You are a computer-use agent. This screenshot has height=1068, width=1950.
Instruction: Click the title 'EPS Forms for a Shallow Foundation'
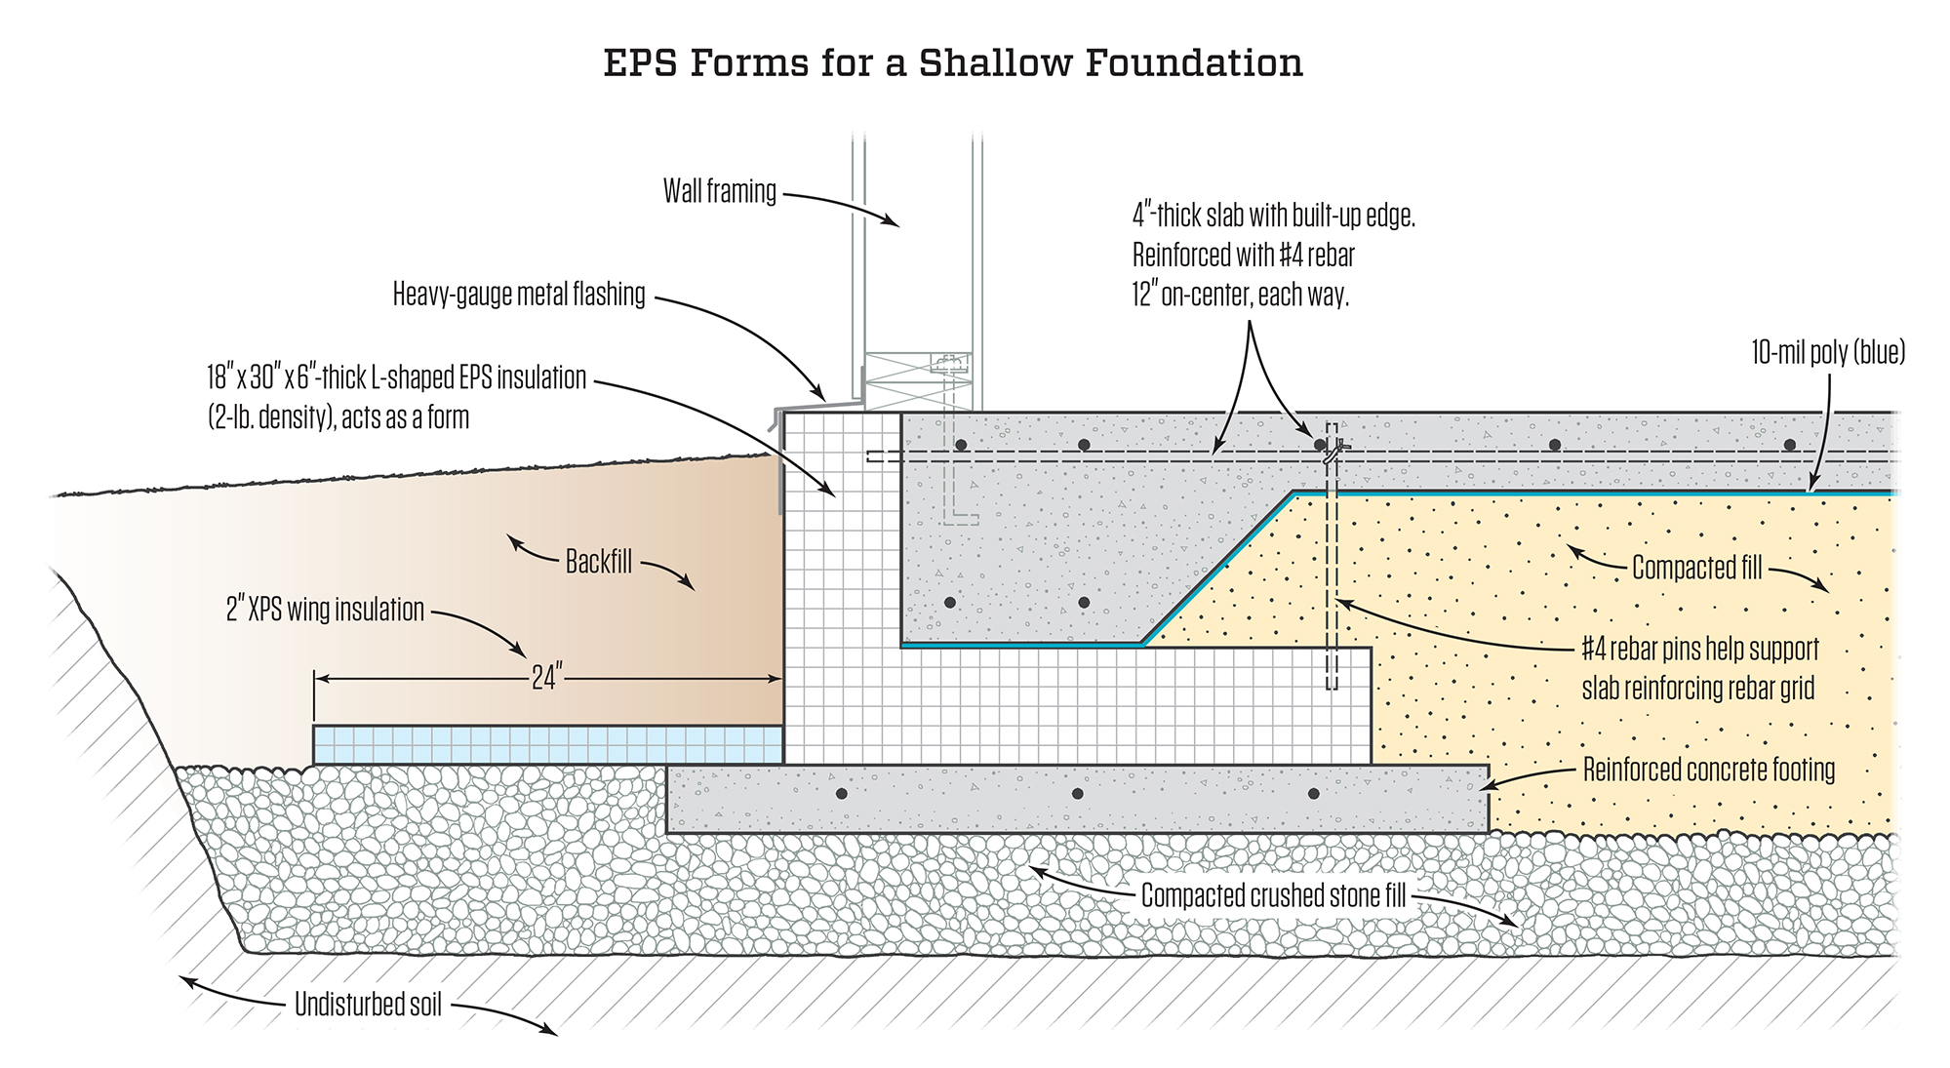coord(953,63)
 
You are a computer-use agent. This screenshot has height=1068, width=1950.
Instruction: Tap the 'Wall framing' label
coord(720,191)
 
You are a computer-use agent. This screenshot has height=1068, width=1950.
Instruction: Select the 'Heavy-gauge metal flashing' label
coord(519,295)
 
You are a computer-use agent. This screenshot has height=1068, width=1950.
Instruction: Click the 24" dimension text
coord(547,678)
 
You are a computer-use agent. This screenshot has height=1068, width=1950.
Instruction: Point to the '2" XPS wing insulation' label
coord(326,611)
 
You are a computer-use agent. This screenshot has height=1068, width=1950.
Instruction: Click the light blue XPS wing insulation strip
coord(547,744)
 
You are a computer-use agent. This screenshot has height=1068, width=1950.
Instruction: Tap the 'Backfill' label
coord(599,562)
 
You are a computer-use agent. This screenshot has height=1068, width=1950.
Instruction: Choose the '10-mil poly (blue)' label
coord(1828,353)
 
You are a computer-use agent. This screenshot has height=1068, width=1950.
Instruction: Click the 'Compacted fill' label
coord(1697,568)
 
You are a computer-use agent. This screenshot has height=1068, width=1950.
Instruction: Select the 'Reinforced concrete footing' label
coord(1709,771)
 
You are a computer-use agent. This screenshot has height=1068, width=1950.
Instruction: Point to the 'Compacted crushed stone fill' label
coord(1273,895)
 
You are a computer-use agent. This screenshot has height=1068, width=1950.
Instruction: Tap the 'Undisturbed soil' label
coord(369,1005)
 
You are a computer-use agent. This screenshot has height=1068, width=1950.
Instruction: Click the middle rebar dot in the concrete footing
coord(1077,794)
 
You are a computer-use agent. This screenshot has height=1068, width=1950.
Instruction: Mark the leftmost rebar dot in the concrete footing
coord(842,794)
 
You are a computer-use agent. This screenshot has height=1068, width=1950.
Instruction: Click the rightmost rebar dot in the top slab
coord(1789,446)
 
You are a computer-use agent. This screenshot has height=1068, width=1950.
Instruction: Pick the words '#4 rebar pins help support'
coord(1700,650)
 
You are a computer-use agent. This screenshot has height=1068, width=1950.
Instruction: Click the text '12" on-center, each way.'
coord(1241,295)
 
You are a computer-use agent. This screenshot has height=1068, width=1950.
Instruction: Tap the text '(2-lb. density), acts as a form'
coord(338,418)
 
